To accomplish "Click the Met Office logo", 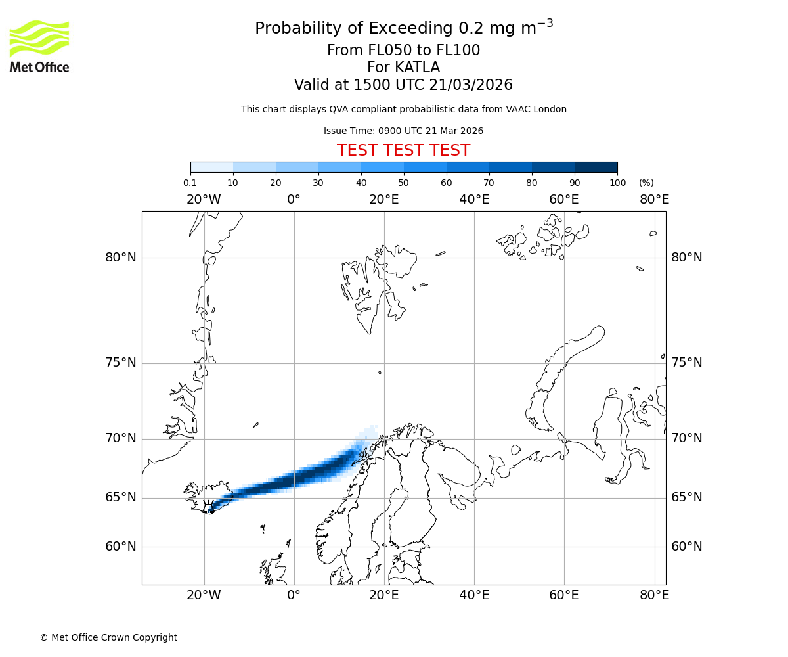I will [39, 46].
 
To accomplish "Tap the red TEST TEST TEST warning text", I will [403, 150].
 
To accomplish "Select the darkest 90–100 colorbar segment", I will [596, 167].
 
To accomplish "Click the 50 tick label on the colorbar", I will [403, 183].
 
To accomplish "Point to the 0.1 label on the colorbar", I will [190, 183].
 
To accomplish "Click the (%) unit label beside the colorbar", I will [646, 183].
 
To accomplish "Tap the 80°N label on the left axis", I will [121, 258].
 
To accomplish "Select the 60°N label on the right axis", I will [686, 547].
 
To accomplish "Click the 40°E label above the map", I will [474, 200].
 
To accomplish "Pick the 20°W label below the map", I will [204, 595].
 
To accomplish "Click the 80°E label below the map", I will [654, 595].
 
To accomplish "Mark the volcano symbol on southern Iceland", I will [209, 507].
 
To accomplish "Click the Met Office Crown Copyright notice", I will [108, 637].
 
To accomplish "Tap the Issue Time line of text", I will [403, 131].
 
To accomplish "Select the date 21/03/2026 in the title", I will [471, 85].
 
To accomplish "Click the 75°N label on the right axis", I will [686, 363].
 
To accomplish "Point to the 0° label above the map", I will [294, 200].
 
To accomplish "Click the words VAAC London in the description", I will [535, 110].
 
